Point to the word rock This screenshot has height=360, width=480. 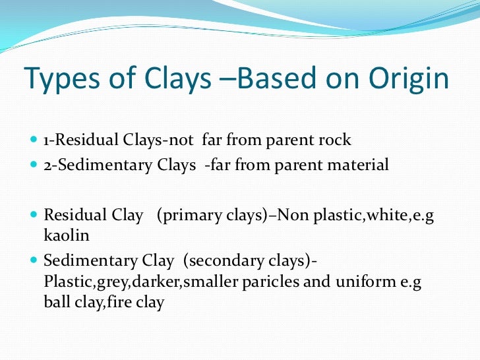point(334,140)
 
